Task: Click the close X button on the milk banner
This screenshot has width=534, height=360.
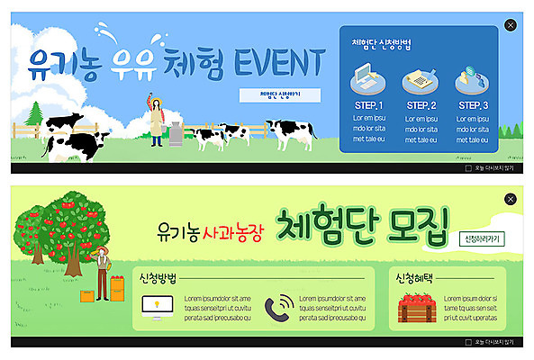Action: pyautogui.click(x=511, y=25)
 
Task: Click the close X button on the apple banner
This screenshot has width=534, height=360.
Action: pyautogui.click(x=511, y=199)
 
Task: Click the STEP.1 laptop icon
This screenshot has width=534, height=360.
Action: pyautogui.click(x=369, y=81)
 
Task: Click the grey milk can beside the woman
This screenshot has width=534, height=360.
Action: pyautogui.click(x=175, y=134)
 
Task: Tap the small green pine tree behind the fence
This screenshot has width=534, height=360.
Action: pyautogui.click(x=35, y=114)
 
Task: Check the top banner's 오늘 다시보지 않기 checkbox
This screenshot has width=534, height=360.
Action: pyautogui.click(x=468, y=167)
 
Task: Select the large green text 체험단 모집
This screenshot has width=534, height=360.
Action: pyautogui.click(x=361, y=225)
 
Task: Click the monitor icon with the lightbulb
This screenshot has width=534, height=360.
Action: pyautogui.click(x=157, y=309)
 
